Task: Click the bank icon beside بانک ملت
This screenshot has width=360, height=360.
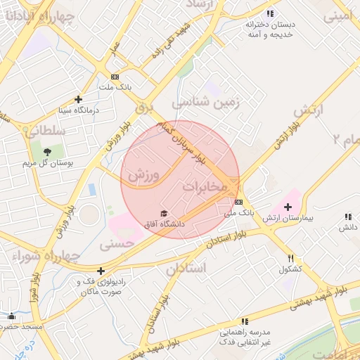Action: pos(115,77)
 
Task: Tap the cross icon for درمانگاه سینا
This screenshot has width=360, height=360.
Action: pos(78,99)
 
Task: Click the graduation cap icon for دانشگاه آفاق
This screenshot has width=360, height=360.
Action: pos(164,213)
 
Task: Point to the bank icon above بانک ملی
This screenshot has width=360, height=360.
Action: pos(238,202)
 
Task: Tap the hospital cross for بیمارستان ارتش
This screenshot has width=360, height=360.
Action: pos(288,207)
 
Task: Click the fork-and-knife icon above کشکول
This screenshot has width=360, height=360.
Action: pos(290,259)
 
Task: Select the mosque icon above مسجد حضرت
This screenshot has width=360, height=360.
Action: pos(11,316)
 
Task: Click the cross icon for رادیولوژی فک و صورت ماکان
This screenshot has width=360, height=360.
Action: pos(101,271)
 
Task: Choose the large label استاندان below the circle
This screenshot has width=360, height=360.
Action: pos(186,269)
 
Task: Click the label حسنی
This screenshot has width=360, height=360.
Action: pos(117,244)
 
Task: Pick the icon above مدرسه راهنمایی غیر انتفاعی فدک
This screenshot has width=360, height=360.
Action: pos(245,321)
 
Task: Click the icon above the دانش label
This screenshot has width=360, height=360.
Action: pos(348,218)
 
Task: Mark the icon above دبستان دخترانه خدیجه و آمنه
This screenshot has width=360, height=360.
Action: pos(270,14)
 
